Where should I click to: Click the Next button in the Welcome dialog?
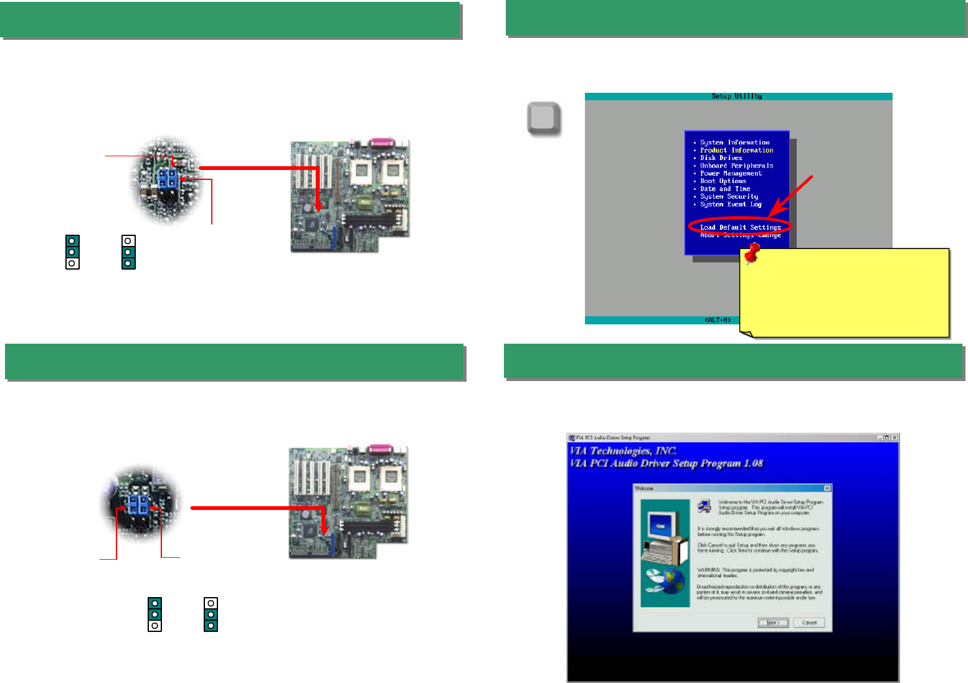coord(773,623)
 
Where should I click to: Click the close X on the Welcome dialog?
coord(827,488)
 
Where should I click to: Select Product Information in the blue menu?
coord(736,150)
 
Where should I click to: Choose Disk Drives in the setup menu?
coord(721,158)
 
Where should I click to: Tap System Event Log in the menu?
coord(731,204)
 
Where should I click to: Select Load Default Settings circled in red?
coord(740,227)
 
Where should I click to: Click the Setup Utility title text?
coord(737,96)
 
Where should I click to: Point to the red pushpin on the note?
coord(752,253)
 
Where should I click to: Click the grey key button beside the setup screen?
coord(543,118)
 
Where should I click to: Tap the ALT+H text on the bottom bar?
coord(718,320)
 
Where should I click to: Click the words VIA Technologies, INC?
coord(623,451)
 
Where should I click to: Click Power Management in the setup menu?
coord(731,173)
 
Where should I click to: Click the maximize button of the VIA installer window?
coord(887,438)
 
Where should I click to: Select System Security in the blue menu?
coord(729,197)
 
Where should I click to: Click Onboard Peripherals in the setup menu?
coord(736,166)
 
